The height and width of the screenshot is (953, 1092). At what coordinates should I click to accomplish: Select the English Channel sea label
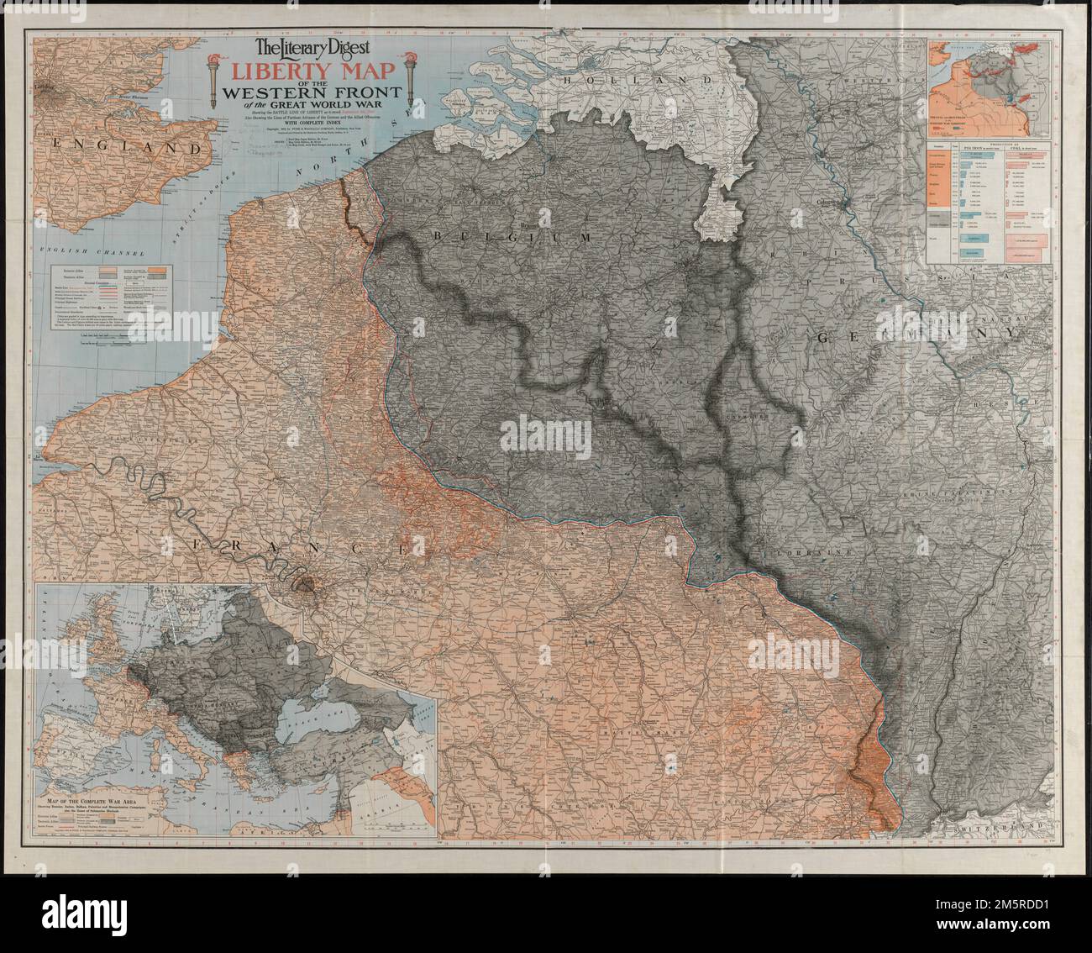[x=92, y=252]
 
